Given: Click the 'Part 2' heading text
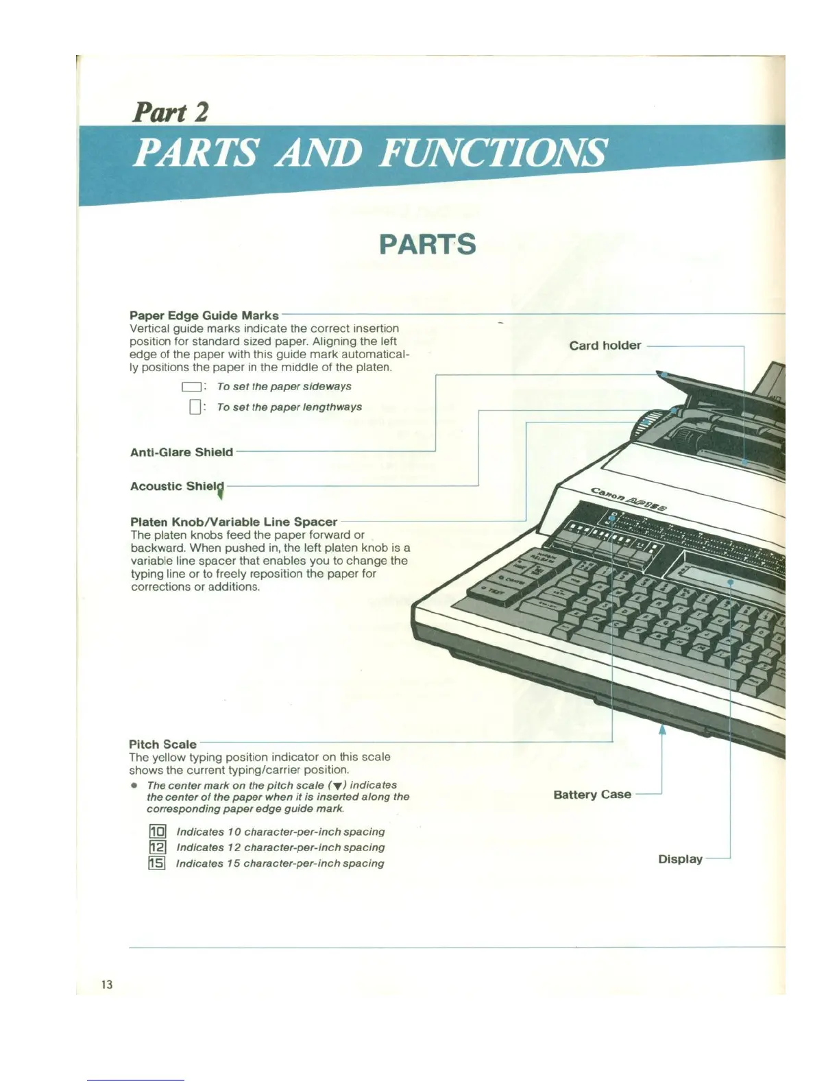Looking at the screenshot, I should point(170,112).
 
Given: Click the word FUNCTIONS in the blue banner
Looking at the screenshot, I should point(492,152).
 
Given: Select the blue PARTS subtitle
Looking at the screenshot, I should point(427,245).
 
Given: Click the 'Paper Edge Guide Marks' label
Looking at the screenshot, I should point(204,315).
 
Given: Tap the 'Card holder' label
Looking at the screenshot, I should point(605,346).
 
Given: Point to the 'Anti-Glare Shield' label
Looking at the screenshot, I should point(182,452).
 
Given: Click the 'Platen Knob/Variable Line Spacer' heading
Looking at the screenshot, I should point(234,522).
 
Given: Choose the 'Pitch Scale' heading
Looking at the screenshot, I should point(162,744).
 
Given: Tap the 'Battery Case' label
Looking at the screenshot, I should point(592,795).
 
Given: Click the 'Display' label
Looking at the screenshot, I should point(680,859).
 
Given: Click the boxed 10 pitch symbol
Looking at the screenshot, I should point(157,832).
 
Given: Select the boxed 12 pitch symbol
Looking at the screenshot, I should point(157,847).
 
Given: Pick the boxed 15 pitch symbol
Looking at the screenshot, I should point(157,863).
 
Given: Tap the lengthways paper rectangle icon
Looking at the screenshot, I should point(195,407).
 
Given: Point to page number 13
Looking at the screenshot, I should point(106,985).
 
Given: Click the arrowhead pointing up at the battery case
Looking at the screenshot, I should point(662,729).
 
